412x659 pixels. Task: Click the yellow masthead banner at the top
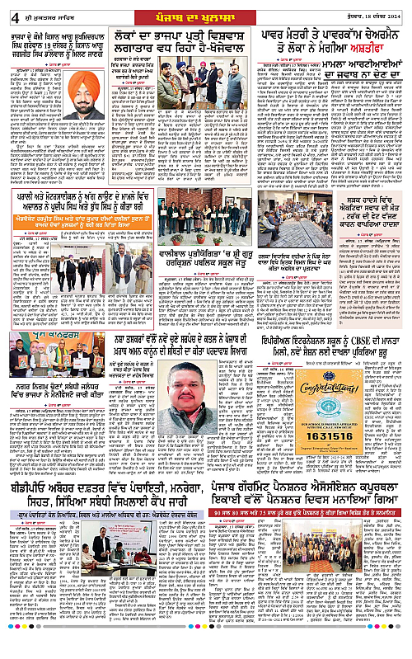pos(207,12)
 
